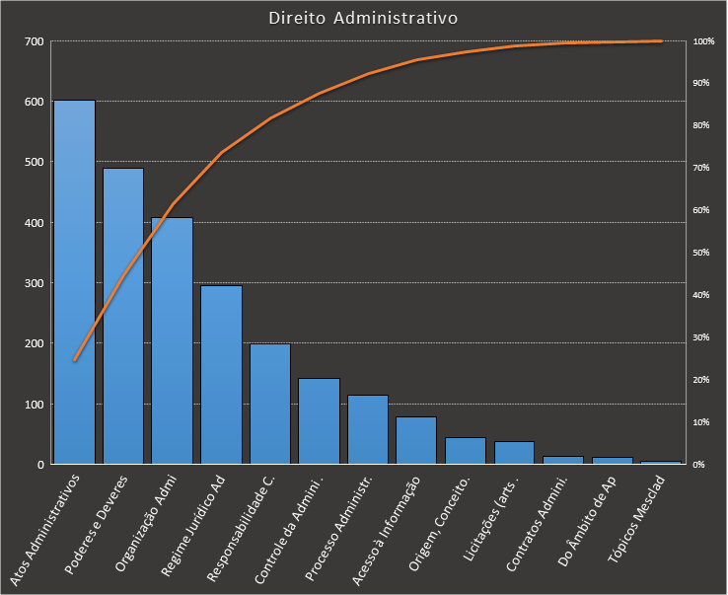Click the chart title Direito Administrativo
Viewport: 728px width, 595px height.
364,18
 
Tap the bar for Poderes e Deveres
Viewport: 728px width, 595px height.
123,316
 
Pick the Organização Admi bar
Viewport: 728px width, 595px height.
172,340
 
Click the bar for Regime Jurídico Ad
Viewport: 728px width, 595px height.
221,375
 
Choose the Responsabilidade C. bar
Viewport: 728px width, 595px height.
269,404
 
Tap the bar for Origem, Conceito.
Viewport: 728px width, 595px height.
465,451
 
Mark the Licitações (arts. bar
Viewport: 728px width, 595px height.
514,453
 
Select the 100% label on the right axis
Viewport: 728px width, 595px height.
703,41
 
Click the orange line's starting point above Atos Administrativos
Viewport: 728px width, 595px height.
74,360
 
